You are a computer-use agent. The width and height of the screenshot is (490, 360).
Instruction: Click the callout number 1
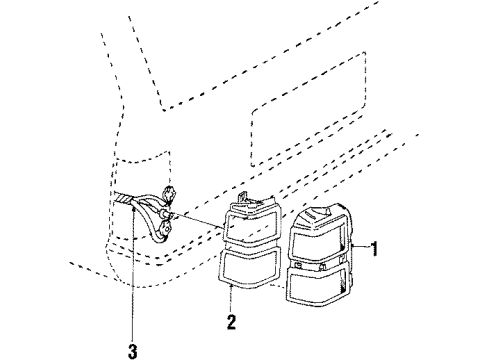tap(375, 249)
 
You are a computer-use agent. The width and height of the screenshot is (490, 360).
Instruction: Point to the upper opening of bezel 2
tap(251, 228)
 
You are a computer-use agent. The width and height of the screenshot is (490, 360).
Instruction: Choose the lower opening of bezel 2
tap(249, 266)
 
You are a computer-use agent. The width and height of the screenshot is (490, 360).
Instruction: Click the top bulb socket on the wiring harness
tap(170, 193)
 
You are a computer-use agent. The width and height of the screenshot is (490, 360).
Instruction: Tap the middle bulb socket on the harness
tap(167, 214)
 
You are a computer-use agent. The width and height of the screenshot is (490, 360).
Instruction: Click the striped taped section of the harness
tap(123, 199)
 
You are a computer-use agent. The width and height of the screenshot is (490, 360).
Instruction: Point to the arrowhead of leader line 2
tap(231, 287)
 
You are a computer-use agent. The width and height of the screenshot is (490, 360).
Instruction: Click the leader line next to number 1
tap(361, 246)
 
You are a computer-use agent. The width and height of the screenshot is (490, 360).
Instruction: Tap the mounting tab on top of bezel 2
tap(242, 196)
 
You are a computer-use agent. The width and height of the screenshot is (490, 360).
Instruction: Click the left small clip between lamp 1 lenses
tap(298, 266)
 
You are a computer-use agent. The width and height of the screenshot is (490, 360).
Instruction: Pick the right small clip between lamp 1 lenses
tap(322, 267)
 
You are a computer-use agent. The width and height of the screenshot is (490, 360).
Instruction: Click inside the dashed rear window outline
tap(308, 110)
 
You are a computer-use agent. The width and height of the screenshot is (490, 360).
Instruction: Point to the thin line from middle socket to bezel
tap(199, 221)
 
